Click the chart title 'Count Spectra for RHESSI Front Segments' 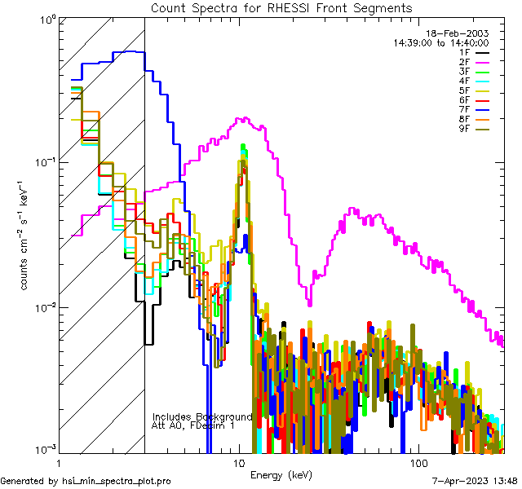pyautogui.click(x=281, y=7)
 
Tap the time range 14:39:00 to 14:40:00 pyautogui.click(x=440, y=42)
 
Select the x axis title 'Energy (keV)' pyautogui.click(x=281, y=475)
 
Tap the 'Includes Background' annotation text pyautogui.click(x=202, y=416)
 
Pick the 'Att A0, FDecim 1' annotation pyautogui.click(x=193, y=425)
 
